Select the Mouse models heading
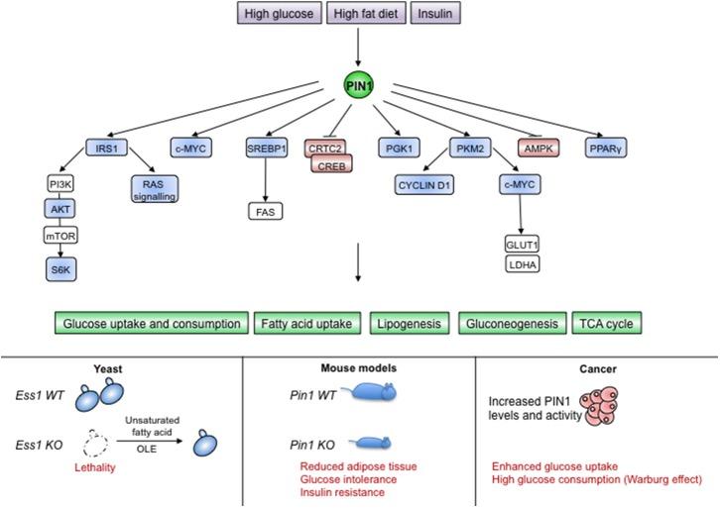click(x=362, y=365)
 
